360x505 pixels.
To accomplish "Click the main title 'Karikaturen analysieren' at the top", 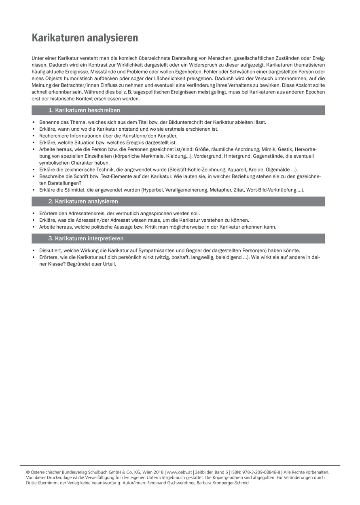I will pos(85,38).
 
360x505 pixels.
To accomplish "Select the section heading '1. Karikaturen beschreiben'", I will pos(84,110).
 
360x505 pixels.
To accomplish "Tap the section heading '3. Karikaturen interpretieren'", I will pos(86,239).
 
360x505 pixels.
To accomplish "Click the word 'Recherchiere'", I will pos(54,136).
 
